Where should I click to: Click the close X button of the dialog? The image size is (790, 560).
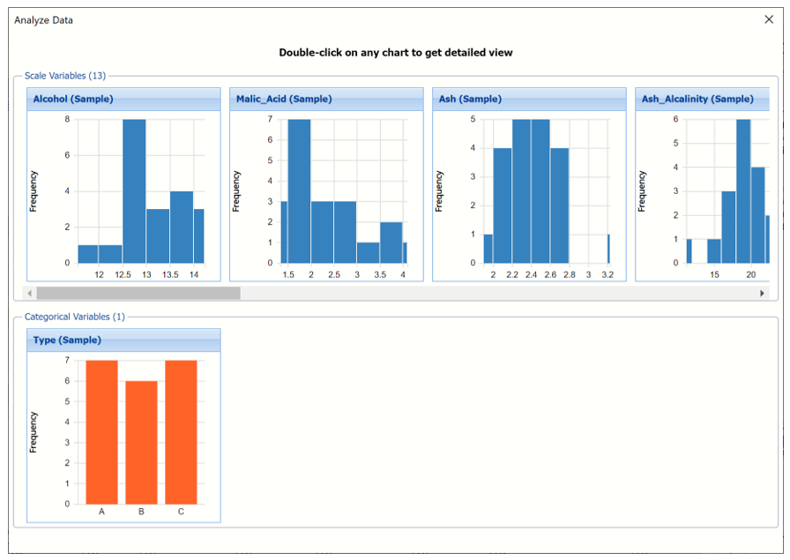point(769,20)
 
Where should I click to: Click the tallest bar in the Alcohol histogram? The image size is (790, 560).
point(134,190)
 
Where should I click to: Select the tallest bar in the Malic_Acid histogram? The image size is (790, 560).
point(300,190)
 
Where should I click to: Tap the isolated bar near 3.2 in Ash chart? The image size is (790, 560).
point(607,249)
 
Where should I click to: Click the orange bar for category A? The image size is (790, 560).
point(101,432)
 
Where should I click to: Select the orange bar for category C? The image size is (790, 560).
point(181,432)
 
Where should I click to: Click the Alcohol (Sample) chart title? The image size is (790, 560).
point(73,100)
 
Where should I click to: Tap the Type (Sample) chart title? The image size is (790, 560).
point(67,340)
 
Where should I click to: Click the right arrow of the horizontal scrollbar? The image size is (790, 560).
point(763,293)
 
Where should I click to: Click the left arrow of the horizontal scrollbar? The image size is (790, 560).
point(30,293)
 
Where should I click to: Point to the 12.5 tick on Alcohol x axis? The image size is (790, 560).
point(123,275)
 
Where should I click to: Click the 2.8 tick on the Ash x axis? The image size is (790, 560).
point(570,275)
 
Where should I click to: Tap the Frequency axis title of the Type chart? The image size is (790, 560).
point(34,431)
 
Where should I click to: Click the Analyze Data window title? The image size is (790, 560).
point(44,20)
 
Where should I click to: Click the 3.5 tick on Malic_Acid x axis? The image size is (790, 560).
point(380,275)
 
